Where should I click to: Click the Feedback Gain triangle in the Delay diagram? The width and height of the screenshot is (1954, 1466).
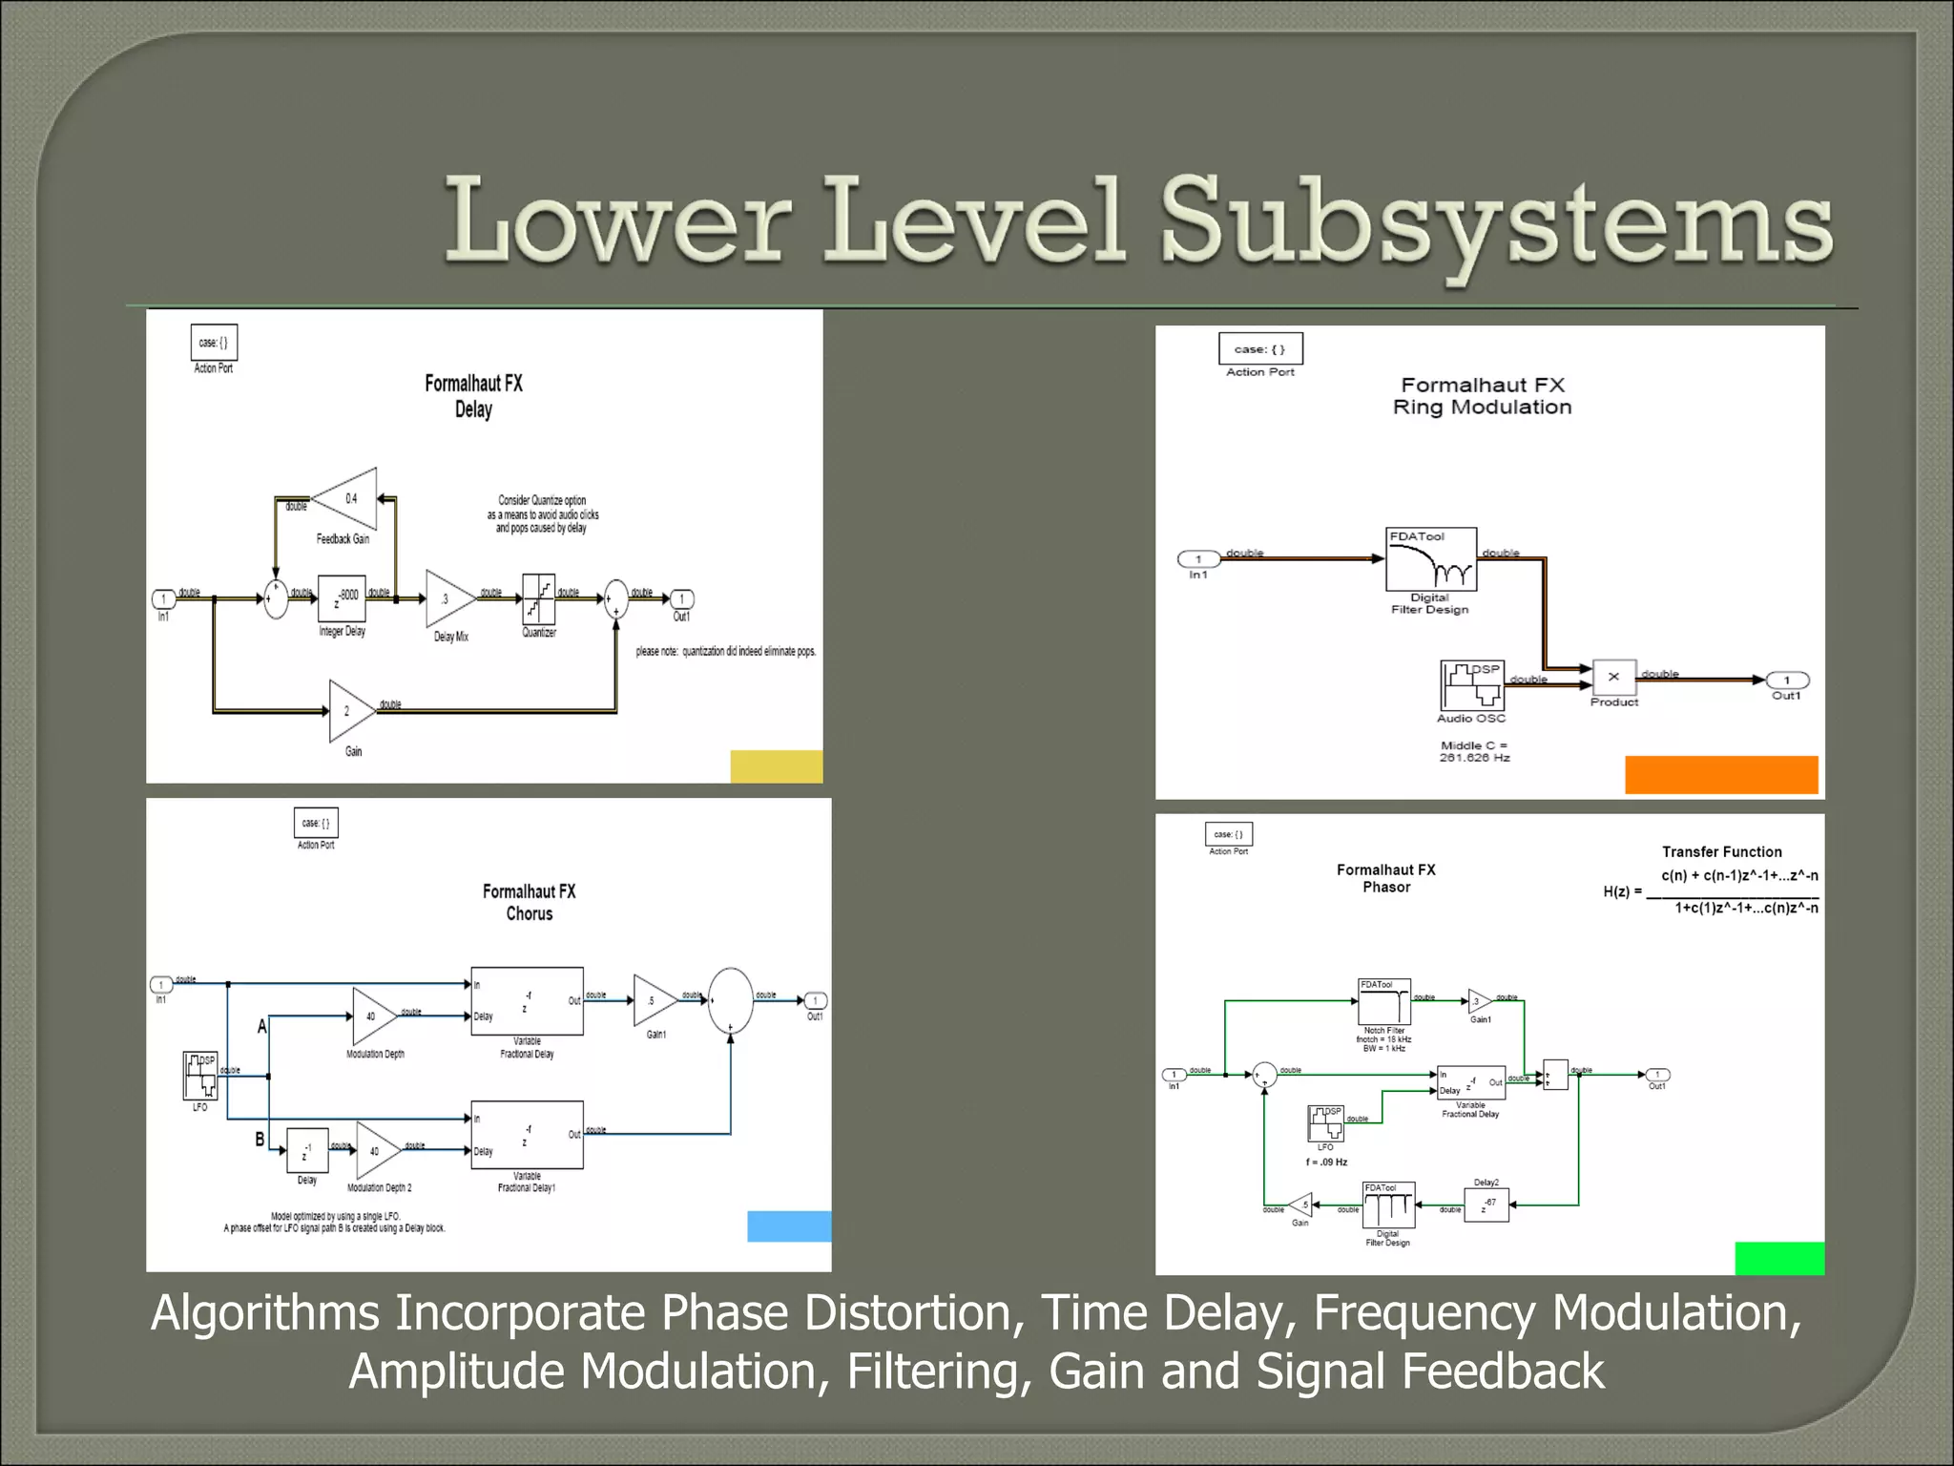tap(347, 498)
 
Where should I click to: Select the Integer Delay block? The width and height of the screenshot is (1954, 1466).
tap(342, 599)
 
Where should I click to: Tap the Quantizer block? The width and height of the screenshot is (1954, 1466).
tap(539, 598)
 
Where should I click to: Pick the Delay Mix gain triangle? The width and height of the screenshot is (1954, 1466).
tap(447, 599)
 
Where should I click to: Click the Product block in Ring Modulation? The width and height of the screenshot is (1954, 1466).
tap(1613, 677)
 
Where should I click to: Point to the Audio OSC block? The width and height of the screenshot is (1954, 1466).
tap(1471, 685)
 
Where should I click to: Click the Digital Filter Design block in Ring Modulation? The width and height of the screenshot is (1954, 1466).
tap(1430, 559)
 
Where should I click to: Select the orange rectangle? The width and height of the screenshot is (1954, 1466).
tap(1721, 774)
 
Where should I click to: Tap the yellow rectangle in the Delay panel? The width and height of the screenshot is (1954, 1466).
tap(776, 766)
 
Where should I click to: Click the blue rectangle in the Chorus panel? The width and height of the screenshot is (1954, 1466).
tap(788, 1225)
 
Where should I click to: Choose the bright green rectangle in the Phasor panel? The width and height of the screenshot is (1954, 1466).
tap(1778, 1258)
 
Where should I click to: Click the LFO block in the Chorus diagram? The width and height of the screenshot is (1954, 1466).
tap(200, 1076)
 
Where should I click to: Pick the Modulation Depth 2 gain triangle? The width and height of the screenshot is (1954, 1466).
tap(376, 1151)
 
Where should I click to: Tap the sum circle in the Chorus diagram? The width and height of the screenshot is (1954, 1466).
tap(731, 999)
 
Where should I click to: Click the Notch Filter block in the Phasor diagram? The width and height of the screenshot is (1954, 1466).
tap(1383, 1001)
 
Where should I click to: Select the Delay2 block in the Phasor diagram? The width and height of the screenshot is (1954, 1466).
tap(1486, 1205)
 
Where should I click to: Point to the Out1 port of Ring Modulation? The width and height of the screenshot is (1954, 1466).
tap(1787, 681)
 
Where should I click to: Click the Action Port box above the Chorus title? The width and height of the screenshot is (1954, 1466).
tap(316, 823)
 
